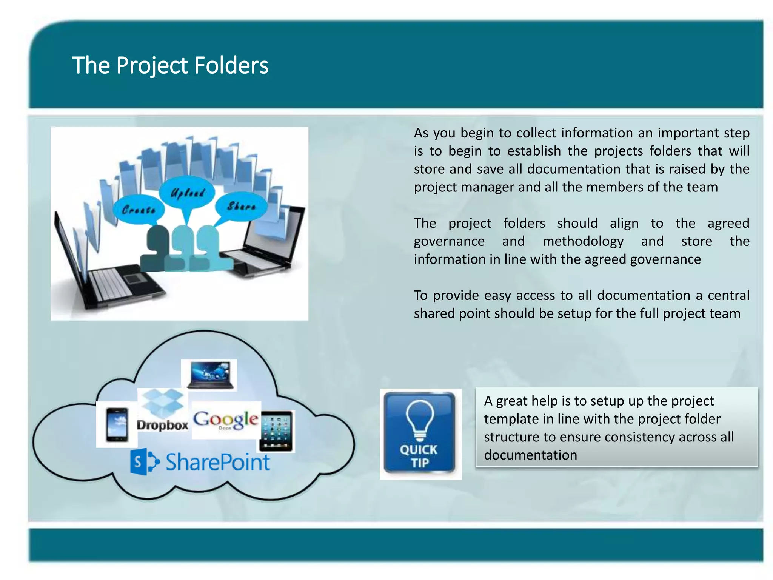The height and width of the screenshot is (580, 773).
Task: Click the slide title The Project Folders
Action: click(170, 65)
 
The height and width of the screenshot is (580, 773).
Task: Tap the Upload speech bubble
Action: click(187, 193)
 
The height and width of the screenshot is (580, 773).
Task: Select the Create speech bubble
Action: click(139, 210)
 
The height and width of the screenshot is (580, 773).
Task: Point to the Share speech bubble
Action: click(242, 206)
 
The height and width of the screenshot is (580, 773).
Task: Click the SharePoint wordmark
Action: click(218, 462)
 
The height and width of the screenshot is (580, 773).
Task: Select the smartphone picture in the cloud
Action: click(117, 424)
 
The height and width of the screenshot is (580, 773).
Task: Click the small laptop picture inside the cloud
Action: click(209, 375)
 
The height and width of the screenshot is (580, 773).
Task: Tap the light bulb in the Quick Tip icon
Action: click(420, 419)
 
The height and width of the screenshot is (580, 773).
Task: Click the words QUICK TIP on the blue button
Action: click(419, 456)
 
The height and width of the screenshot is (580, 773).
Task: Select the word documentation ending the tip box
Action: click(530, 455)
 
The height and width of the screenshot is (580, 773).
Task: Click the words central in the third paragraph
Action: click(728, 295)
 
